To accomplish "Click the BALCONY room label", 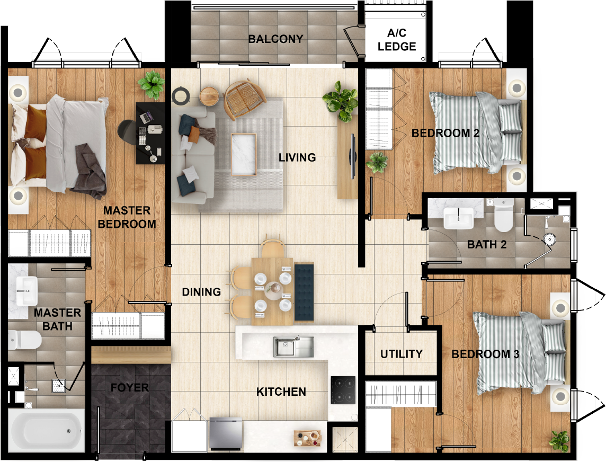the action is click(275, 39).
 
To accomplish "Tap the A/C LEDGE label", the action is click(397, 40).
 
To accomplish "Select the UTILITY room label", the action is click(401, 354).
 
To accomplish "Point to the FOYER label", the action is click(129, 387).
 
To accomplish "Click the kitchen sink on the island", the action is click(293, 346).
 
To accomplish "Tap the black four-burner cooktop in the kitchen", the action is click(343, 390).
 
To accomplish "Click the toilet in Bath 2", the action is click(504, 215).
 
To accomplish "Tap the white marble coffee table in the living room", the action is click(244, 154).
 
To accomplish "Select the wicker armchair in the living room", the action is click(244, 99).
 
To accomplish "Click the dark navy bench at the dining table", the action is click(304, 292).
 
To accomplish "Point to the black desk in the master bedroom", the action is click(150, 133).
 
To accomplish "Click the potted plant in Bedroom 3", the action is click(559, 441).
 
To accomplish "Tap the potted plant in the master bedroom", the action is click(151, 85).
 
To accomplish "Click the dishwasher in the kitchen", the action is click(226, 433).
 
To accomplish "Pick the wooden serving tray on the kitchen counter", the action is click(307, 438).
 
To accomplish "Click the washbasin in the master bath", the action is click(26, 291).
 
